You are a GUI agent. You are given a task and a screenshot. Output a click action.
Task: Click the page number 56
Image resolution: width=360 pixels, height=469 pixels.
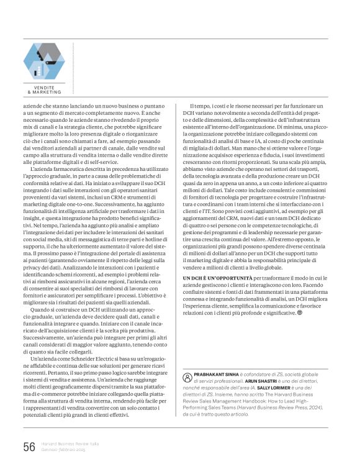point(29,447)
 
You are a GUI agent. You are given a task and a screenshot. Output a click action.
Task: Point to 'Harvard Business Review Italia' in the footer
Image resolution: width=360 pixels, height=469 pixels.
point(68,443)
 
